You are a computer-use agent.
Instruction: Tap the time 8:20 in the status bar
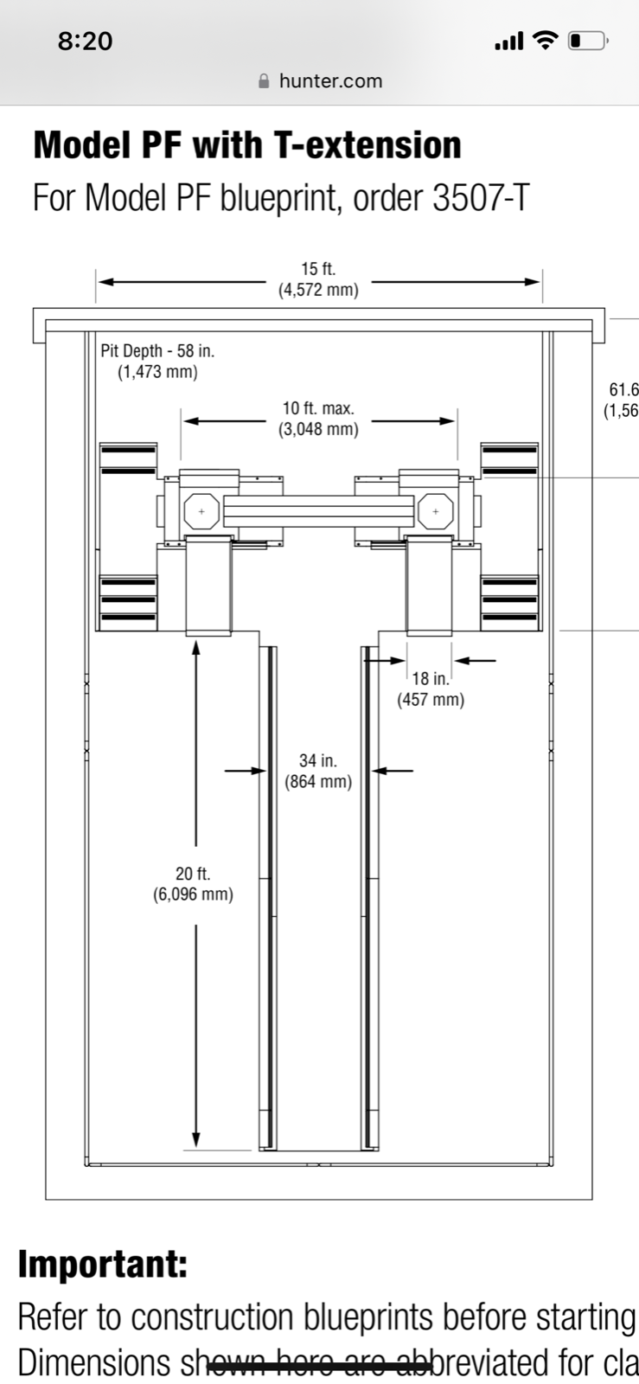pos(85,41)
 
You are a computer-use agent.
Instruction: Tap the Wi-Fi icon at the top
pos(545,40)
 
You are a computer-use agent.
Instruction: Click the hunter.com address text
pos(330,81)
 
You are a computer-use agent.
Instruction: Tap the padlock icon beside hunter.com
pos(265,81)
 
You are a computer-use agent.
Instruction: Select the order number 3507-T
pos(478,198)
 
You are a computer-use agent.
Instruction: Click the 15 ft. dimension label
pos(318,270)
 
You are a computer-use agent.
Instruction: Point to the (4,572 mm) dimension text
pos(318,291)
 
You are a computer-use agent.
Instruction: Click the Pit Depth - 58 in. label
pos(157,351)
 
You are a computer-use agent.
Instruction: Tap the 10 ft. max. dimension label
pos(318,408)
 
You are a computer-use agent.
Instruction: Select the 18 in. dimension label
pos(431,679)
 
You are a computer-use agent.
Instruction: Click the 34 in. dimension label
pos(318,761)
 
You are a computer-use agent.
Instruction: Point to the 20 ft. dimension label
pos(193,874)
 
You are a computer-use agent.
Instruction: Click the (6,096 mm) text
pos(193,894)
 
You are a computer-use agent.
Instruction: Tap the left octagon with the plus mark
pos(202,511)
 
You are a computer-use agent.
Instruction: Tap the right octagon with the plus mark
pos(435,511)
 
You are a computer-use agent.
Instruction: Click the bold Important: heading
pos(103,1265)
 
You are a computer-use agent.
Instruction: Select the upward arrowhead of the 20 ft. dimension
pos(196,647)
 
